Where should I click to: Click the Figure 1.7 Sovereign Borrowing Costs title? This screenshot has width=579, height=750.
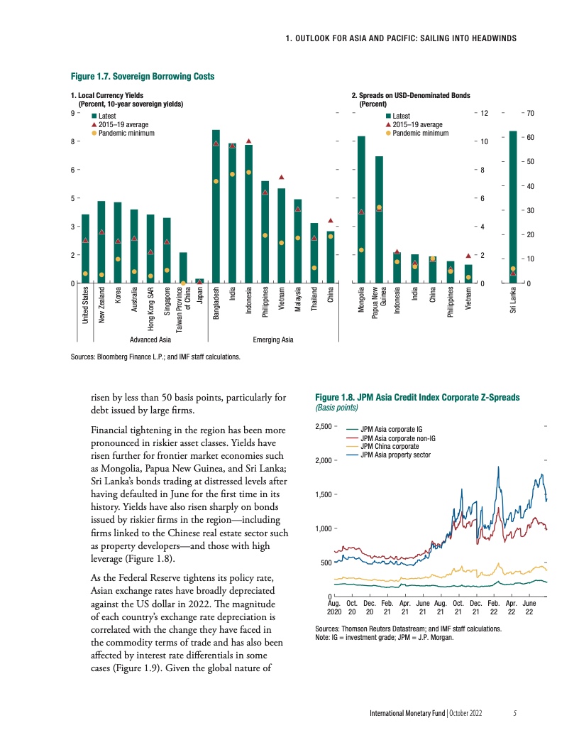point(142,76)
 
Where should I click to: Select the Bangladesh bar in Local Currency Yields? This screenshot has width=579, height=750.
point(216,206)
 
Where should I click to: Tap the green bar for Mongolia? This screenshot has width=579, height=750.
point(361,210)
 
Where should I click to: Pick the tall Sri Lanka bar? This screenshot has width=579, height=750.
point(513,206)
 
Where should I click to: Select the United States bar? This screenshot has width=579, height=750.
point(85,249)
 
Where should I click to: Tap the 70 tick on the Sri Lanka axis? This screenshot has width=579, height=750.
point(530,114)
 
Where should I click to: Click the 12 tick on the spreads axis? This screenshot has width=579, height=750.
point(485,114)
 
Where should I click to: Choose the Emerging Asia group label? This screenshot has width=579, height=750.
point(273,340)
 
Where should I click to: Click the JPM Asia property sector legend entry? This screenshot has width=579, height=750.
point(396,454)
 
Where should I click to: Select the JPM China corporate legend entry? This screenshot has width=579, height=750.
point(390,445)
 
